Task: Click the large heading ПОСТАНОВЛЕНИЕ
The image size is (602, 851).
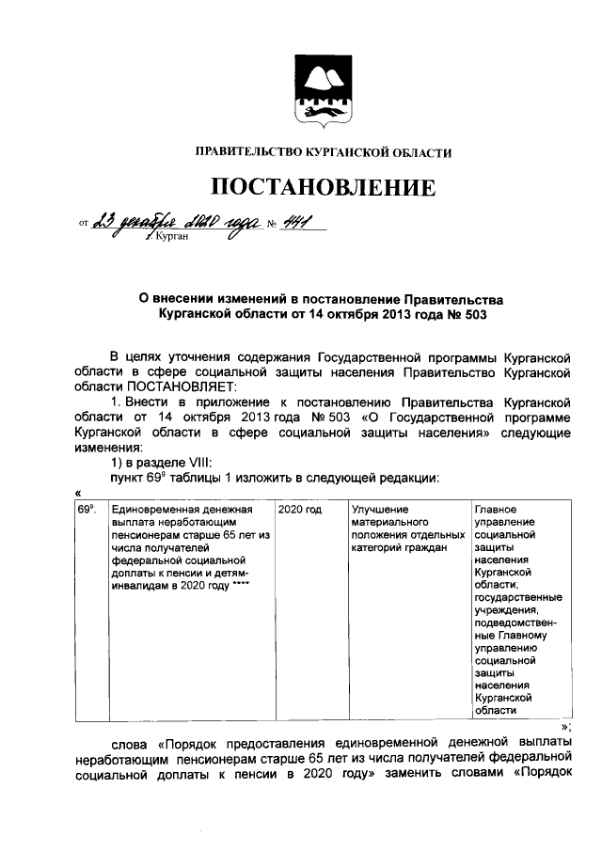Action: point(323,186)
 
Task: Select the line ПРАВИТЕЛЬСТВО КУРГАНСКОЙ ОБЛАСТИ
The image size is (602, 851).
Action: point(323,151)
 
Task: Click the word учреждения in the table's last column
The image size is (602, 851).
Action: point(507,610)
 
